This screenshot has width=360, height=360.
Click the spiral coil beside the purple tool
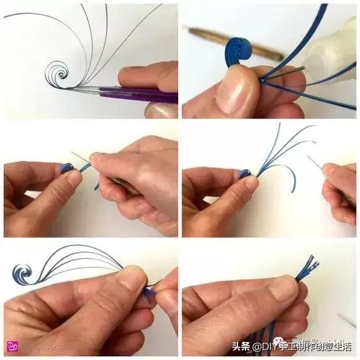click(61, 75)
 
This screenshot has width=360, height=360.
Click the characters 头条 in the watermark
click(240, 347)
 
